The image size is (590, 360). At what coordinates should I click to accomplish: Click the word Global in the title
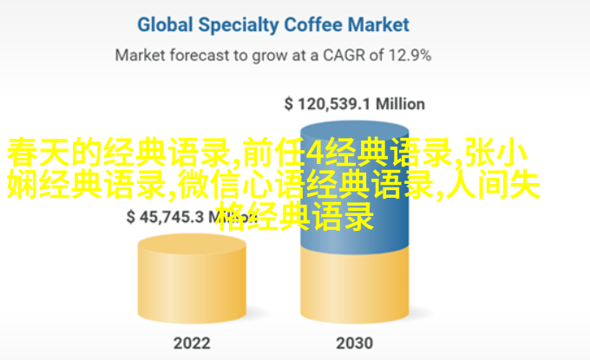(165, 25)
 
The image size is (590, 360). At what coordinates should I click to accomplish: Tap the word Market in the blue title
(378, 25)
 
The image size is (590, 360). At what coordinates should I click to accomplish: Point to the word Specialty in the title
(239, 26)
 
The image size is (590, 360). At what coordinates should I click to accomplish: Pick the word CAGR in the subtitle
(344, 56)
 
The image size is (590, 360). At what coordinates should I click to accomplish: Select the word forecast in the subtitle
(200, 56)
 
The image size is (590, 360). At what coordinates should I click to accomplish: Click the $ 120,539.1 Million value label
(355, 104)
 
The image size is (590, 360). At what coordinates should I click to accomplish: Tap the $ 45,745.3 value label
(165, 217)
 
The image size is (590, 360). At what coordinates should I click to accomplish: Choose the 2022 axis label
(192, 343)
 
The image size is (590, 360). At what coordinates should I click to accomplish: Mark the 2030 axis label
(355, 343)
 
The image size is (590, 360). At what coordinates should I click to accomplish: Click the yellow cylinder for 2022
(192, 278)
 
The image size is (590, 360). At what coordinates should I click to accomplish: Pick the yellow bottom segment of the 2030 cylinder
(355, 286)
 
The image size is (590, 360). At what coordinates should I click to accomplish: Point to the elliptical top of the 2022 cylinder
(192, 245)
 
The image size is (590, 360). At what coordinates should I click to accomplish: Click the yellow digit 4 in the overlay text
(315, 153)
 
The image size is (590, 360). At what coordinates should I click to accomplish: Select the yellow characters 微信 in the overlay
(210, 184)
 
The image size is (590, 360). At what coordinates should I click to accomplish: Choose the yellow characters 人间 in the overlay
(476, 184)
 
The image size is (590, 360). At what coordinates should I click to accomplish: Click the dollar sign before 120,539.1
(289, 104)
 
